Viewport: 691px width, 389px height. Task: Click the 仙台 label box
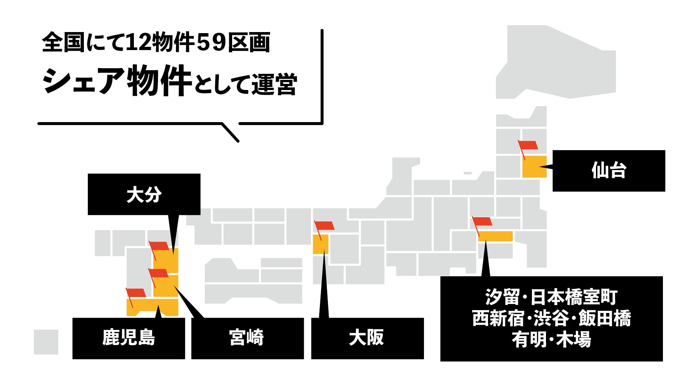pos(609,171)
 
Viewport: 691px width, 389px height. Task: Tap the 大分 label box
pos(144,194)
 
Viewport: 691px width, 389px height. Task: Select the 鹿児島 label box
pos(128,338)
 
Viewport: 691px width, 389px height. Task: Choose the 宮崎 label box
pos(247,338)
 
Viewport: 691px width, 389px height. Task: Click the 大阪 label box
pos(367,338)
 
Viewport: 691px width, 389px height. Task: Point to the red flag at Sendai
pos(528,145)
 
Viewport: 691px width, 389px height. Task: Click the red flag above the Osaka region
pos(325,225)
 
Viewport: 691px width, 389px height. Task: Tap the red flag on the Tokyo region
pos(482,221)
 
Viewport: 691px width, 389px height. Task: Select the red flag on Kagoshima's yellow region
pos(136,293)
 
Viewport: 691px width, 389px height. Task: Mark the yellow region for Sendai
pos(534,167)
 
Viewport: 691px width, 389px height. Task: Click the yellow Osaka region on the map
pos(320,244)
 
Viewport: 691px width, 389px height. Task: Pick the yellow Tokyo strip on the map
pos(495,236)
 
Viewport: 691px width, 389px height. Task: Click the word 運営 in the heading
pos(274,85)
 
